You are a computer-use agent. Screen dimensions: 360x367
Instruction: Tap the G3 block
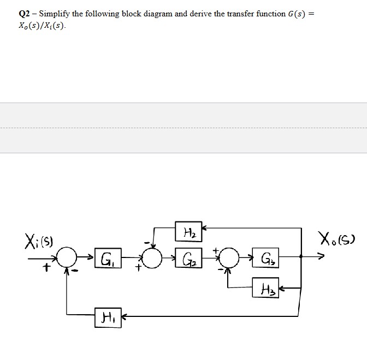click(x=266, y=257)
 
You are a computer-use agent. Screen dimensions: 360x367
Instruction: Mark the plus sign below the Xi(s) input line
click(x=48, y=267)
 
